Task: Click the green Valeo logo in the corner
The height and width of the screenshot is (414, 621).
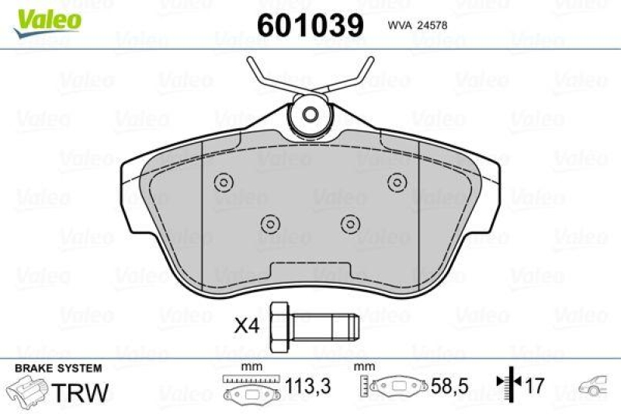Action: point(49,18)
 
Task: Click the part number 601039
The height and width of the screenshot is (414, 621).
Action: point(310,24)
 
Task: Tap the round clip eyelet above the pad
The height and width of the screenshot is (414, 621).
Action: point(310,115)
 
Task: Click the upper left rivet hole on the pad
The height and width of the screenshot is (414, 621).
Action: point(223,183)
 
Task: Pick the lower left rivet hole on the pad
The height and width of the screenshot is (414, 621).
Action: point(270,223)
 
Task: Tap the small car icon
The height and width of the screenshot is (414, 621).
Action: point(595,385)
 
